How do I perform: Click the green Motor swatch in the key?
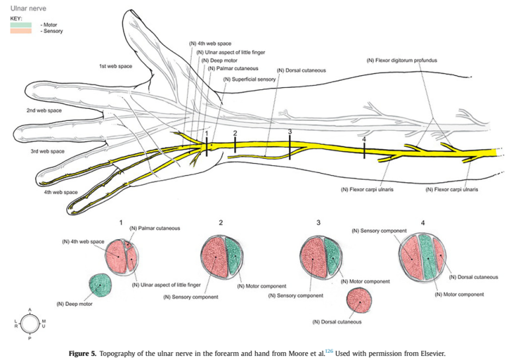click(20, 24)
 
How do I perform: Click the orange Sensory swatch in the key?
click(20, 31)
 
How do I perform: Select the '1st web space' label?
click(116, 67)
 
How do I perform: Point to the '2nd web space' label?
click(44, 110)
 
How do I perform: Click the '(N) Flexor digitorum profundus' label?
click(401, 60)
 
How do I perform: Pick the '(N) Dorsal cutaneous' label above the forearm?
click(301, 70)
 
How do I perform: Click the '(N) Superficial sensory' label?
click(249, 79)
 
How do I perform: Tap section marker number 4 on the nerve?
click(364, 140)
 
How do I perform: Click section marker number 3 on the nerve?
click(290, 133)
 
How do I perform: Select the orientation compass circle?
click(30, 323)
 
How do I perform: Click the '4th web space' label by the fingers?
click(61, 192)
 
